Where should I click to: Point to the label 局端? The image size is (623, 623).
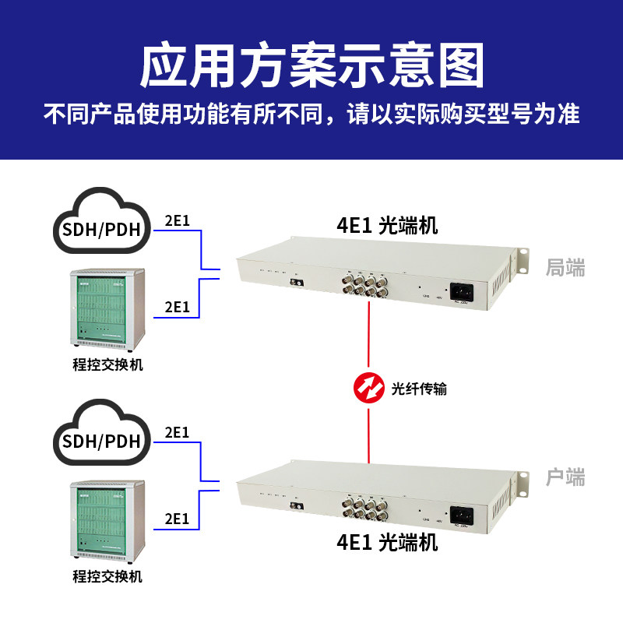tap(565, 269)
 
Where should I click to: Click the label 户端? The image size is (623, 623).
tap(565, 477)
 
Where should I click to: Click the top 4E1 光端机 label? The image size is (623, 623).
tap(387, 227)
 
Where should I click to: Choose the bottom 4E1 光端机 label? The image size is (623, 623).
tap(387, 542)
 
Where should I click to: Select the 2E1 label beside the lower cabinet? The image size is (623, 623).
tap(178, 518)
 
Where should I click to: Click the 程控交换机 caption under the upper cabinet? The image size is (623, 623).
tap(107, 364)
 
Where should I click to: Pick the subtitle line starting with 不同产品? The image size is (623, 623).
tap(311, 115)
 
